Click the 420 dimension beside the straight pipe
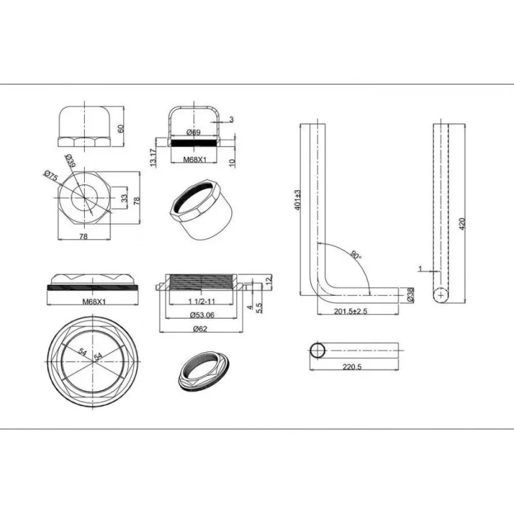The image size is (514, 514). pyautogui.click(x=462, y=224)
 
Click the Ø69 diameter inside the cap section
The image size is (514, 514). pyautogui.click(x=194, y=132)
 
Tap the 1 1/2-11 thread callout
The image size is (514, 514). pyautogui.click(x=202, y=301)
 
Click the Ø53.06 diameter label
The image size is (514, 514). pyautogui.click(x=202, y=315)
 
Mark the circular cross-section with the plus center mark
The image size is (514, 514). pyautogui.click(x=441, y=296)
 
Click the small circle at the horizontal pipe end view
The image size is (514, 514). pyautogui.click(x=317, y=351)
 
